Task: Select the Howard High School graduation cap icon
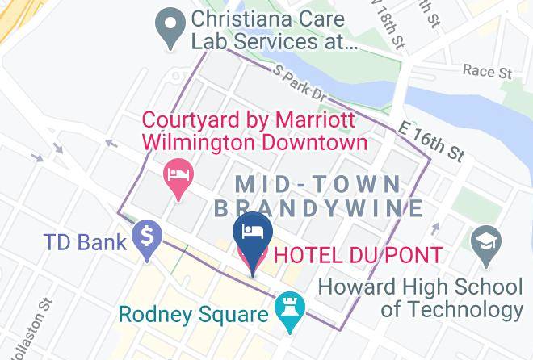coord(486,245)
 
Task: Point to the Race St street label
coord(488,72)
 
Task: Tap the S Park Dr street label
coord(300,84)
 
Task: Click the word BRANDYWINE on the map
coord(319,208)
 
